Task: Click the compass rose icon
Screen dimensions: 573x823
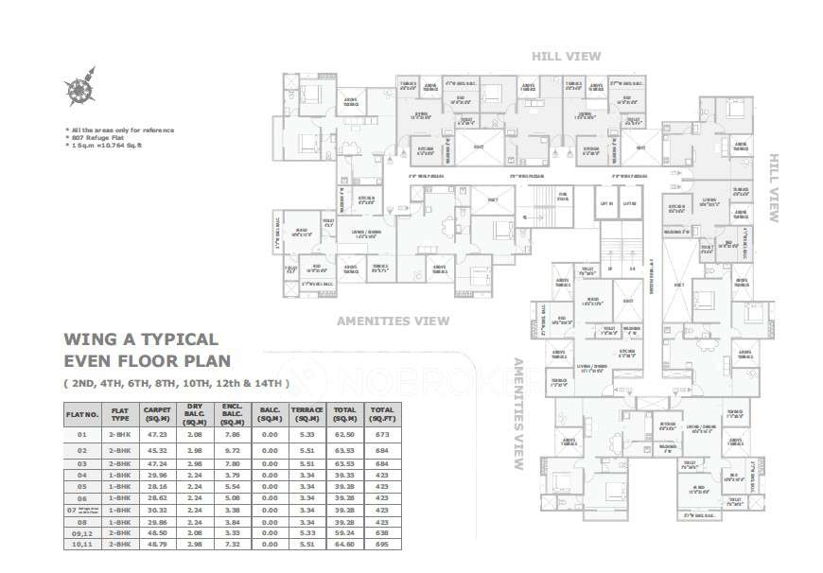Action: tap(80, 87)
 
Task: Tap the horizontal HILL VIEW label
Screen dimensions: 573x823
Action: tap(566, 57)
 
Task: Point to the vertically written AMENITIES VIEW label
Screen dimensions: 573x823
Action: tap(517, 414)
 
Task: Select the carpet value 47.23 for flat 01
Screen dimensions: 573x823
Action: tap(154, 435)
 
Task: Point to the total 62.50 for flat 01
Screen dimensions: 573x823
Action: tap(345, 435)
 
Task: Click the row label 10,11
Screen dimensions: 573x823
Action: tap(81, 546)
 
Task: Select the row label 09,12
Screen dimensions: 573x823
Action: tap(81, 533)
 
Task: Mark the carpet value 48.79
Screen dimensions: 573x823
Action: tap(154, 546)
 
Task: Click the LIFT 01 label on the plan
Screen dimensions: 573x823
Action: tap(606, 203)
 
